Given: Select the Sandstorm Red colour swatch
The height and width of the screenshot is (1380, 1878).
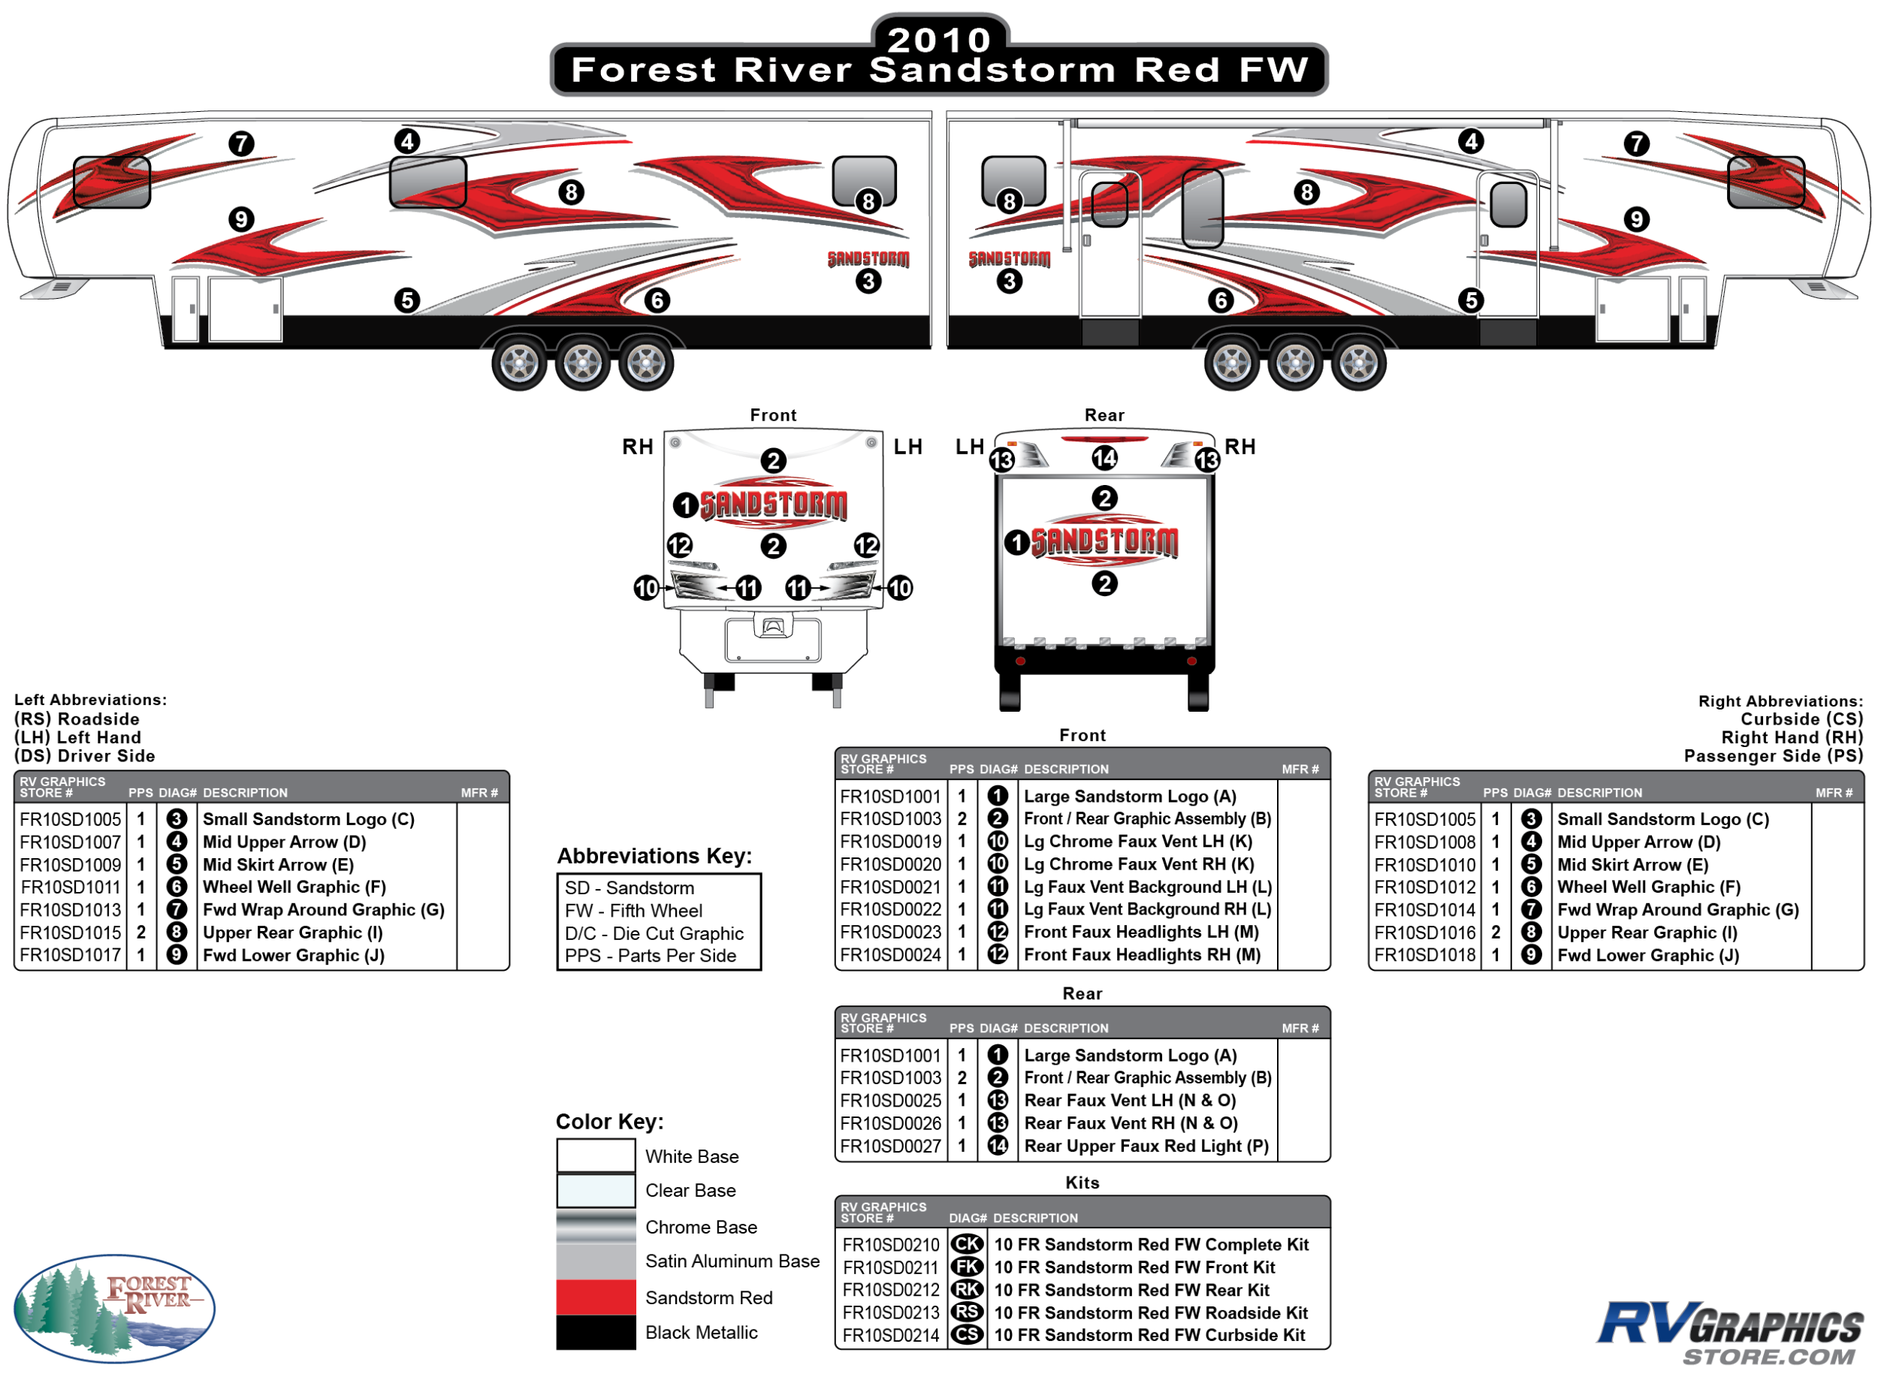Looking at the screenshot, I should tap(596, 1297).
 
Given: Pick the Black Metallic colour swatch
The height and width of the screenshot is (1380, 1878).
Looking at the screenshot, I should tap(596, 1333).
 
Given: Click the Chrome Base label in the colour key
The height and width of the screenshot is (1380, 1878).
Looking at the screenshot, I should tap(700, 1227).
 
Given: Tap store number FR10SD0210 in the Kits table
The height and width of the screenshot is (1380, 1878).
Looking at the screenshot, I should tap(890, 1245).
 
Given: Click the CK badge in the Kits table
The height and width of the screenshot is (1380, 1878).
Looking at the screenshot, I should tap(967, 1245).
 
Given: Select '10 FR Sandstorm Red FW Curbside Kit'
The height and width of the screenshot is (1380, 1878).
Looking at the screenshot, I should tap(1149, 1336).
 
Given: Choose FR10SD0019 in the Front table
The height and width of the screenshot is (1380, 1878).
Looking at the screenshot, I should tap(890, 842).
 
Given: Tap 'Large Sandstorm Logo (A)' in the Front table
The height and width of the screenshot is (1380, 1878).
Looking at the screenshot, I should tap(1130, 797).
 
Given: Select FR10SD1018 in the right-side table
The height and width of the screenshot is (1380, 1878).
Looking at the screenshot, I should tap(1425, 956).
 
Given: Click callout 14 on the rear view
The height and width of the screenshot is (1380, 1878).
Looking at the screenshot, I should tap(1104, 458).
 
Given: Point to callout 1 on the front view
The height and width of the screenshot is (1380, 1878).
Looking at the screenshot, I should tap(685, 505).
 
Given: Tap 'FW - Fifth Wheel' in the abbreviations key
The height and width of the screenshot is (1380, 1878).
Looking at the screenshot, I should tap(633, 911).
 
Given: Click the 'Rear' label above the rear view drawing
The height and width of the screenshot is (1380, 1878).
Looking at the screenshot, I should tap(1104, 415).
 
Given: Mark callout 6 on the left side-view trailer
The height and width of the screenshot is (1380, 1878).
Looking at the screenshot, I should tap(657, 301).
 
